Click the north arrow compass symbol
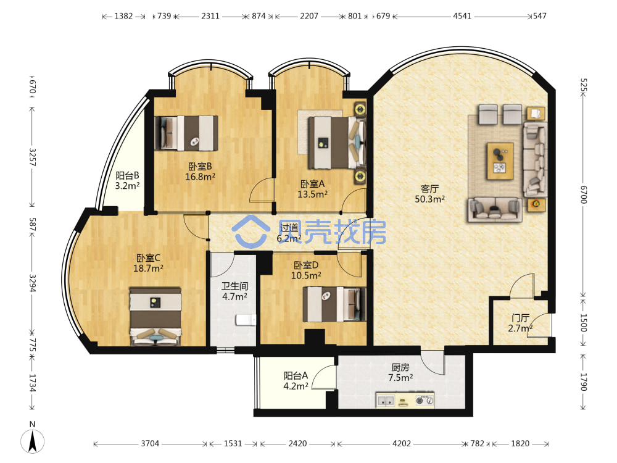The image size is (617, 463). [32, 441]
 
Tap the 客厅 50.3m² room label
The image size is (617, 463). [429, 194]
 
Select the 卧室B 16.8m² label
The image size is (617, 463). [200, 172]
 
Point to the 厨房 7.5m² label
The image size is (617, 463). [400, 372]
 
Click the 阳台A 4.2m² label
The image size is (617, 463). [296, 381]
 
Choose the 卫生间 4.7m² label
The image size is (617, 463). [234, 291]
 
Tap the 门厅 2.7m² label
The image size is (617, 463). [520, 323]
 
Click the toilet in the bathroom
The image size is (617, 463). [246, 320]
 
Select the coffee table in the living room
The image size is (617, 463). [500, 161]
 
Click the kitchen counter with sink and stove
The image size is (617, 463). [405, 400]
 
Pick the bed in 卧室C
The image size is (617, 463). [155, 317]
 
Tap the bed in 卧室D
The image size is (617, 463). [334, 304]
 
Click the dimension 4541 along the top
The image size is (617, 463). [462, 16]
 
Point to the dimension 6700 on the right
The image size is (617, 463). [584, 195]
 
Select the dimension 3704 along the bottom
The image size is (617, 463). [150, 444]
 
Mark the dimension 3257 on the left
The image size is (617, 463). [32, 157]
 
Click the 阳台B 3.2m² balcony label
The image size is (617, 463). [127, 180]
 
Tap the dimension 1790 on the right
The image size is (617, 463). [584, 382]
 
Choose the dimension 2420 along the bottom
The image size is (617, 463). [297, 444]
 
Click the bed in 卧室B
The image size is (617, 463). [186, 133]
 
